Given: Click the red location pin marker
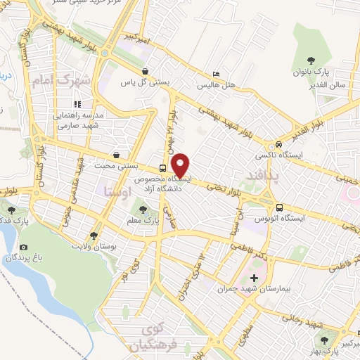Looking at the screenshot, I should pyautogui.click(x=181, y=165).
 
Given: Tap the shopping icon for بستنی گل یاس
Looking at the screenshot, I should pyautogui.click(x=145, y=71).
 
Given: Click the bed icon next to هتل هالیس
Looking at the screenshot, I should pyautogui.click(x=216, y=74).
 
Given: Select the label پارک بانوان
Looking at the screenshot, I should pyautogui.click(x=311, y=72).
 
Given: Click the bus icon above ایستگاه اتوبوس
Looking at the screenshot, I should pyautogui.click(x=280, y=208).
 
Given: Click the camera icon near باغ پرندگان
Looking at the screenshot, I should pyautogui.click(x=24, y=247).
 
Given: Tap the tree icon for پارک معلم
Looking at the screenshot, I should pyautogui.click(x=143, y=209).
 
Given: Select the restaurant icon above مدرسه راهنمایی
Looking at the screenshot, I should pyautogui.click(x=77, y=104).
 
